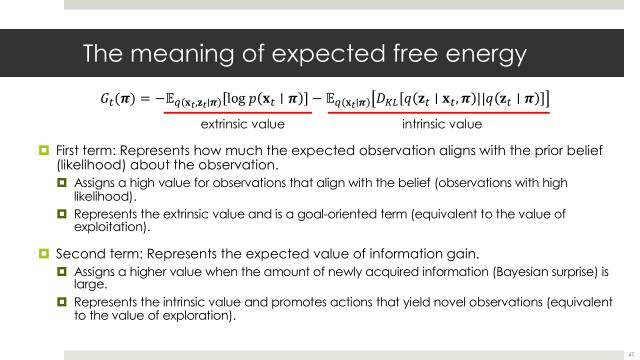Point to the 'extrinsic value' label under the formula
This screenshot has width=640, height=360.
(243, 125)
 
